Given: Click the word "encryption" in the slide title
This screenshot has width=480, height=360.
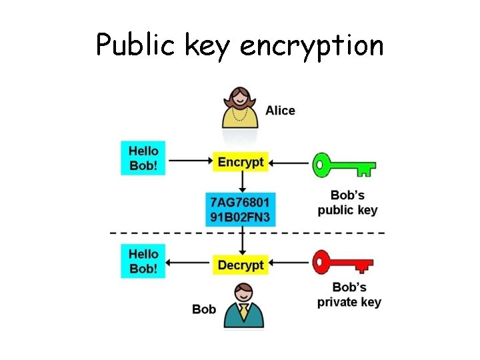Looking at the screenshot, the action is (311, 46).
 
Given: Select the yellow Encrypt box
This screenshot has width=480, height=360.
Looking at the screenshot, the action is (241, 161).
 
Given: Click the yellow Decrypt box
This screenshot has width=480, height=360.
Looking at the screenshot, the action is (241, 265).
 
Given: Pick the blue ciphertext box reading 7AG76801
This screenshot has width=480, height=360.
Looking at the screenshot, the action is (241, 209).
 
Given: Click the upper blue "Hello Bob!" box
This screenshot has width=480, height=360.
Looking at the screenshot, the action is (143, 158).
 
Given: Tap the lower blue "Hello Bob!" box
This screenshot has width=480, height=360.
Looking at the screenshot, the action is (143, 261).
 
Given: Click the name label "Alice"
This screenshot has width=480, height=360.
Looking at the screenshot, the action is (280, 111).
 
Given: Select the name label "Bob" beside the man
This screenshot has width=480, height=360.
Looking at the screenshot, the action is (204, 309).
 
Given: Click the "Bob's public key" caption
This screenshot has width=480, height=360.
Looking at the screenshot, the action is (347, 203).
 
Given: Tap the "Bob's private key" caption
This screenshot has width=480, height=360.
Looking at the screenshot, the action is (349, 295).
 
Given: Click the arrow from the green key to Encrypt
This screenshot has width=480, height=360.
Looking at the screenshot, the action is (290, 162).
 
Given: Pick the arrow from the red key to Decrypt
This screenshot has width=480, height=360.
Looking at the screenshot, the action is (290, 265).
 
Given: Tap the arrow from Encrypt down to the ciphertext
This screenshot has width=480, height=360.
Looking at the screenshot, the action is (241, 181).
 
